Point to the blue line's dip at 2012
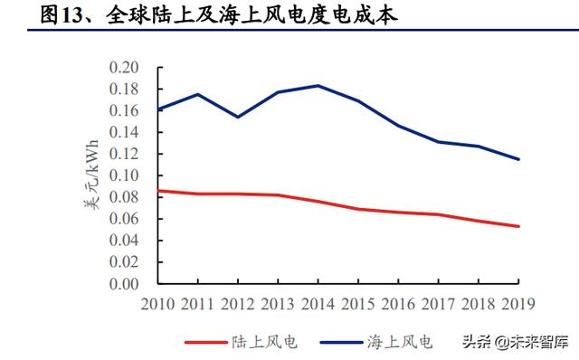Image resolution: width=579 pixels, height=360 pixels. point(238,118)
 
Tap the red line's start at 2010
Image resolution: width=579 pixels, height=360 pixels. point(158,191)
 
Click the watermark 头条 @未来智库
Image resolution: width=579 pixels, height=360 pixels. point(515,342)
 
